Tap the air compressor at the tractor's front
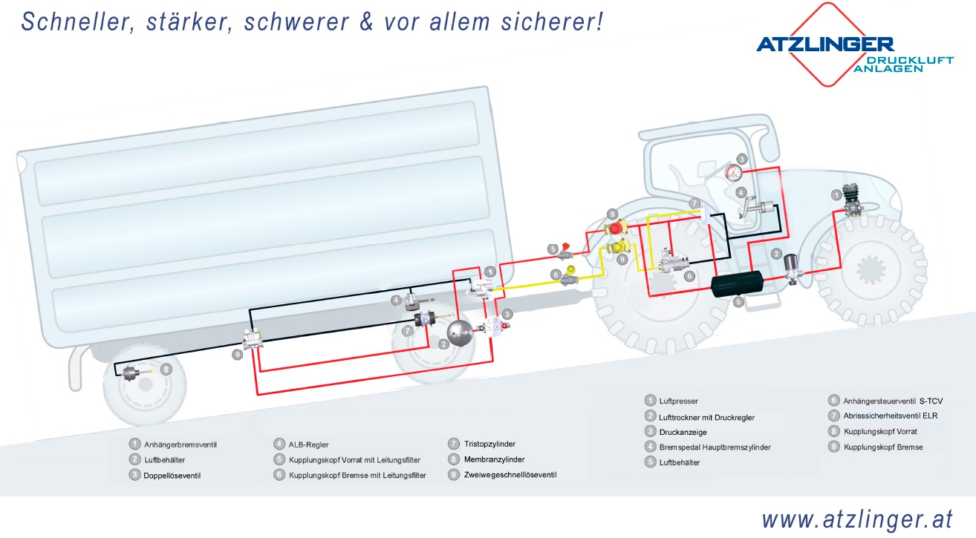pos(851,203)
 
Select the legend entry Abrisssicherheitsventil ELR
pos(891,416)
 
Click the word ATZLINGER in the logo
pos(824,45)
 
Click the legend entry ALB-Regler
pos(308,444)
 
